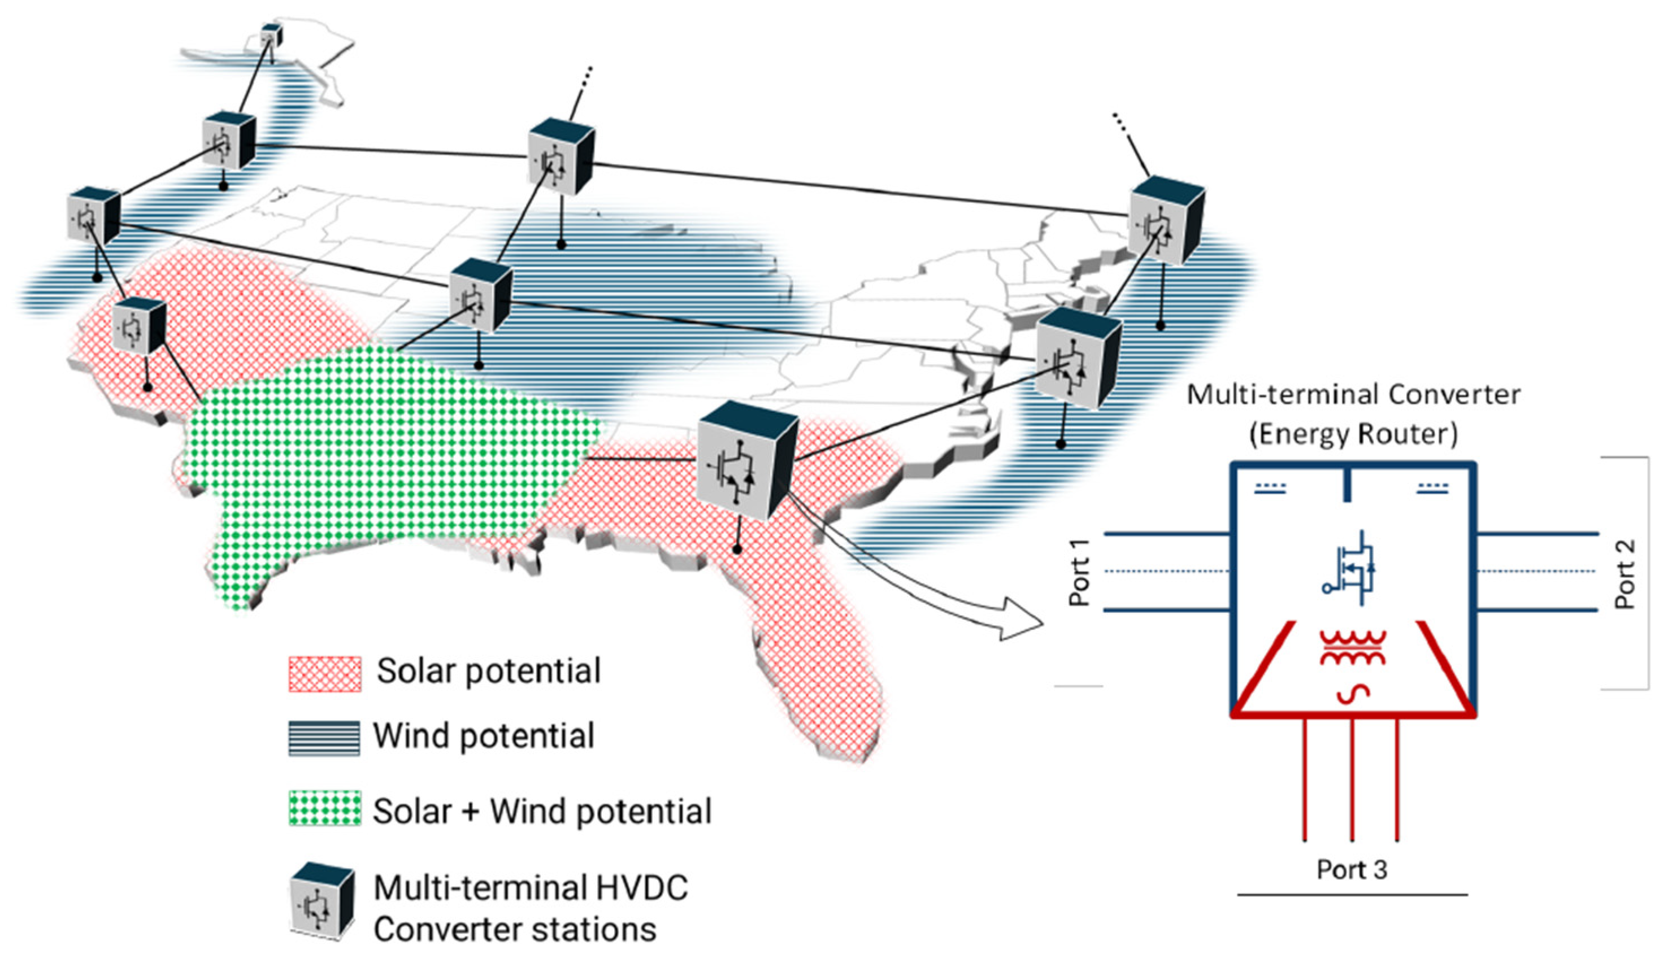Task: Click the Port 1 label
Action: point(1079,573)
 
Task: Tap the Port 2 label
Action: point(1625,574)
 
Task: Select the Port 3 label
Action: point(1351,870)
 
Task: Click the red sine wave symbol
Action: point(1352,693)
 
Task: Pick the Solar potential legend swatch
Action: point(324,674)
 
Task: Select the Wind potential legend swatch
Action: point(324,738)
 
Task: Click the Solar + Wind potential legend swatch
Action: point(324,808)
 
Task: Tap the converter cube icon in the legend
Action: point(322,900)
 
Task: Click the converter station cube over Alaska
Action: point(271,35)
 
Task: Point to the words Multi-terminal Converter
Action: point(1353,394)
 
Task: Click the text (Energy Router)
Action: point(1353,434)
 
